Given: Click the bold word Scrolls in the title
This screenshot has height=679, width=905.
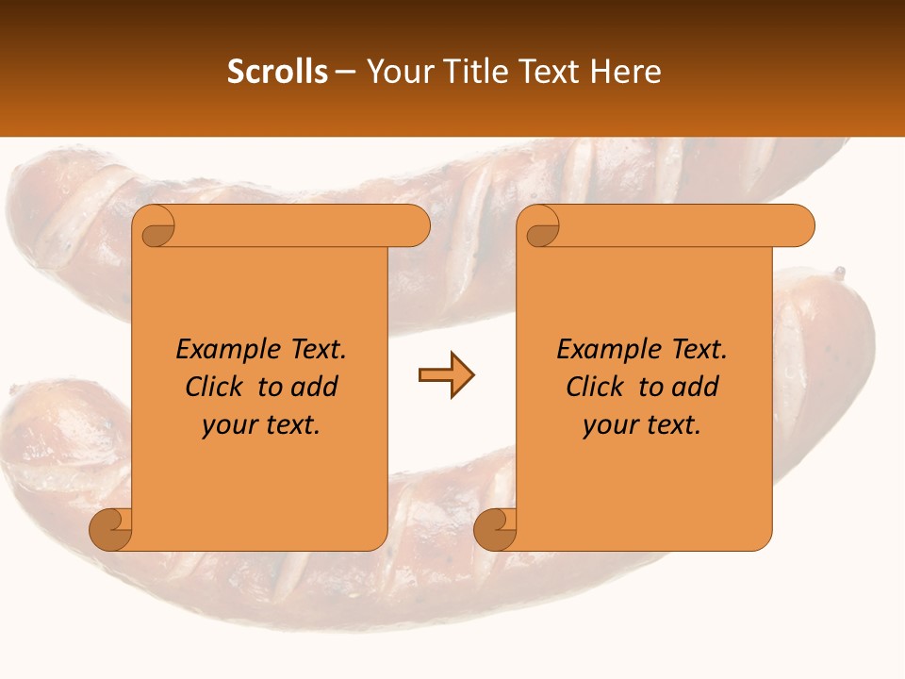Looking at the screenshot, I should pos(277,72).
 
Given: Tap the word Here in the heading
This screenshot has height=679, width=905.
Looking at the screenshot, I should pos(626,72).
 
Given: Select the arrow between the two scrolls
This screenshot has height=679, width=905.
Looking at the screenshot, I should pos(446,375).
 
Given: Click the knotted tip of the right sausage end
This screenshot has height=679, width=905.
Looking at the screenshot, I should pos(837,274).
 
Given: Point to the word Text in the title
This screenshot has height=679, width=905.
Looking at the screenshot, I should pos(548,72).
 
